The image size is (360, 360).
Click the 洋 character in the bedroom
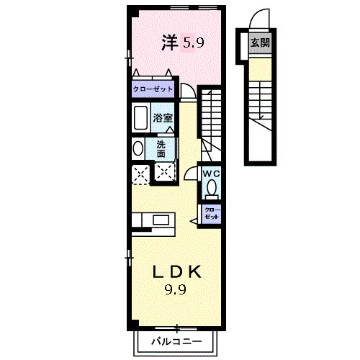pyautogui.click(x=169, y=43)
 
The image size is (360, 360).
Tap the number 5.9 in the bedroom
pyautogui.click(x=192, y=43)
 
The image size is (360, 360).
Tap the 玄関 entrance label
pyautogui.click(x=260, y=43)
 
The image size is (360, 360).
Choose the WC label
pyautogui.click(x=210, y=174)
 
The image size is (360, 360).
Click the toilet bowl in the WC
pyautogui.click(x=211, y=189)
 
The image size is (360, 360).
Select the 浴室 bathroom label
pyautogui.click(x=162, y=118)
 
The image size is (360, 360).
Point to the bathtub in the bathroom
pyautogui.click(x=140, y=117)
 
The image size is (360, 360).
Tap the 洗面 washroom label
pyautogui.click(x=161, y=148)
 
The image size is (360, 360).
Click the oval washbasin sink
pyautogui.click(x=138, y=148)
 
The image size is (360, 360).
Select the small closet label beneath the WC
pyautogui.click(x=212, y=213)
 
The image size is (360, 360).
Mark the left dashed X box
pyautogui.click(x=140, y=173)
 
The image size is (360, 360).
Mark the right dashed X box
pyautogui.click(x=165, y=173)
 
